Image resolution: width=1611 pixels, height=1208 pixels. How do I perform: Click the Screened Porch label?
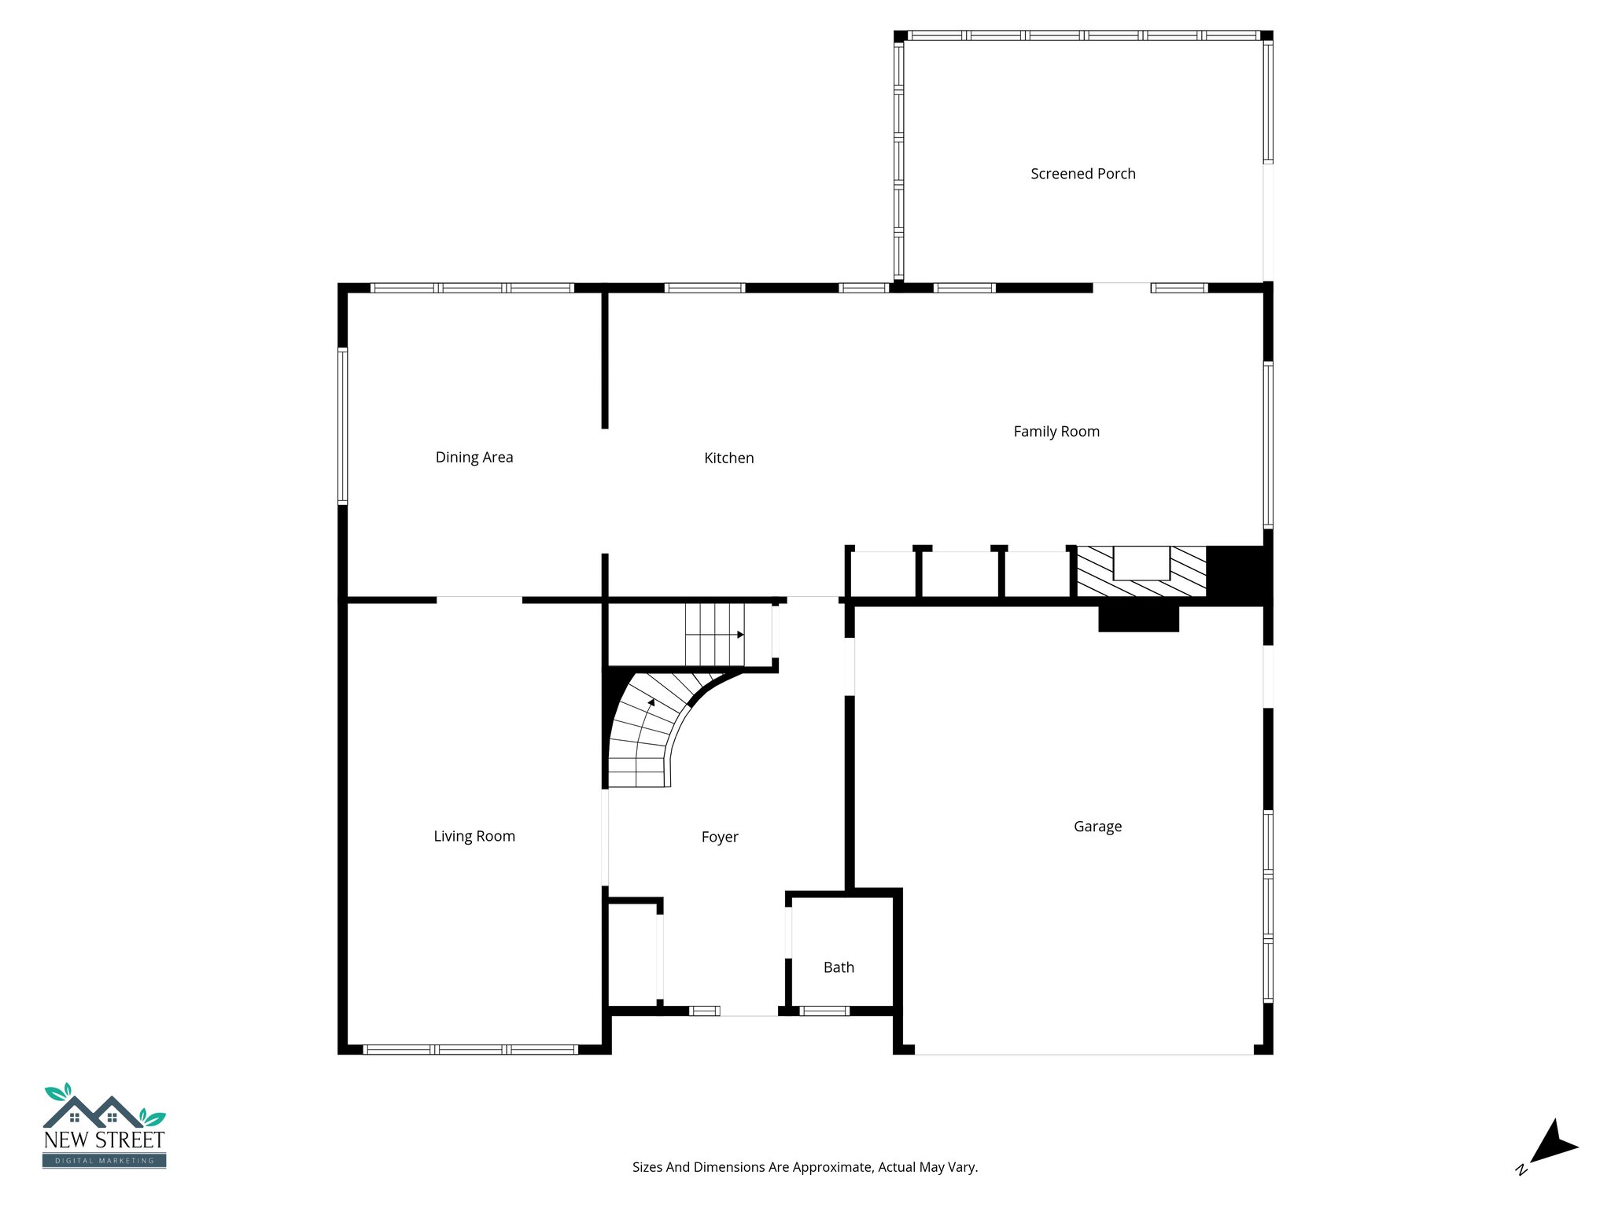point(1082,174)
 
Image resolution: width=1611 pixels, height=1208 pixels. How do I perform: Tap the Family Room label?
point(1056,432)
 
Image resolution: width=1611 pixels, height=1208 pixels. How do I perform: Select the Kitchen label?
point(728,459)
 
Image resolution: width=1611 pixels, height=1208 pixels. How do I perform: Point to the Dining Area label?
point(474,458)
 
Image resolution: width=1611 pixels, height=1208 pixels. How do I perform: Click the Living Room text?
point(474,837)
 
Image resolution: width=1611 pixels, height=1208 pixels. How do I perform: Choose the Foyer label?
point(719,838)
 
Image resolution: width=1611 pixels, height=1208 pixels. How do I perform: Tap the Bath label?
point(839,968)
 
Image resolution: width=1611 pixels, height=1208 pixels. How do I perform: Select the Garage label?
point(1097,827)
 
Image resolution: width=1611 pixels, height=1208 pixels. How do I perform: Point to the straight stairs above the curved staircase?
point(714,635)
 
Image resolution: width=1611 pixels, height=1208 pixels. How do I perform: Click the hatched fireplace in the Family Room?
point(1141,571)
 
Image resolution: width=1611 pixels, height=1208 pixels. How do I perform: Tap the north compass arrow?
point(1551,1144)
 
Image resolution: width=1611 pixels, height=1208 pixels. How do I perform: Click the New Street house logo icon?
point(104,1109)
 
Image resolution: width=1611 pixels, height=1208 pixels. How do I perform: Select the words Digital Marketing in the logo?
point(104,1161)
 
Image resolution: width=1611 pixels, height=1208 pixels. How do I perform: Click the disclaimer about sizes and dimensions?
point(805,1168)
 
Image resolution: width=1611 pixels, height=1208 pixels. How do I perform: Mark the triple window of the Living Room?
point(470,1049)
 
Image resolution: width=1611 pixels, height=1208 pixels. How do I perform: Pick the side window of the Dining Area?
point(342,425)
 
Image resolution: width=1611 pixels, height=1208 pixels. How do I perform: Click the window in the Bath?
point(824,1011)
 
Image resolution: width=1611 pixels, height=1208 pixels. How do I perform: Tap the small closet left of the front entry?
point(632,955)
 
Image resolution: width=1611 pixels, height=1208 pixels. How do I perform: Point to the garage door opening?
point(1083,1051)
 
